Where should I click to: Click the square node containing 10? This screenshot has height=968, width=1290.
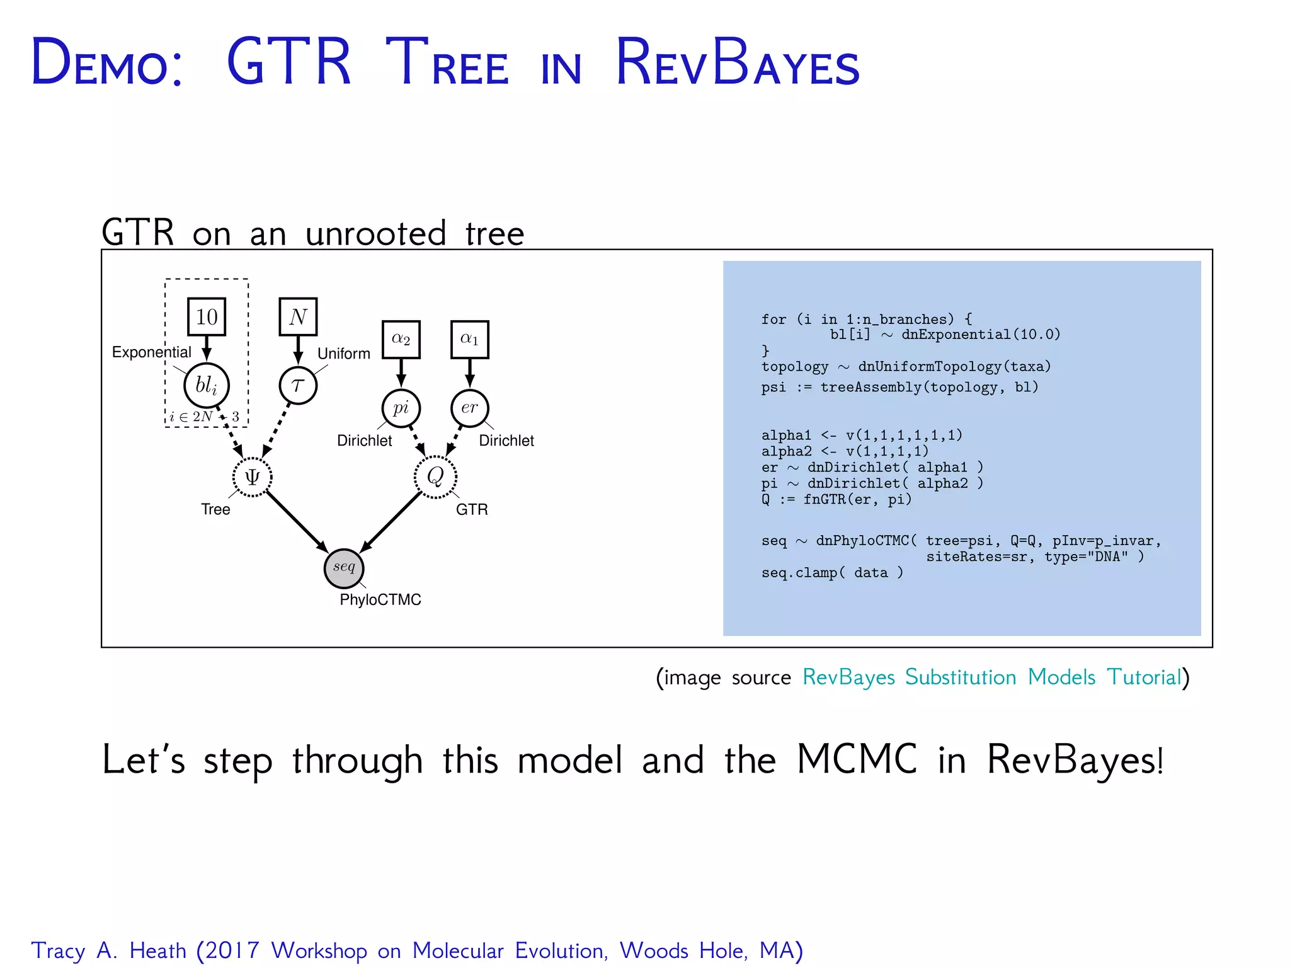pyautogui.click(x=207, y=316)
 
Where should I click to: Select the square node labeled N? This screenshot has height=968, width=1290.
pyautogui.click(x=298, y=316)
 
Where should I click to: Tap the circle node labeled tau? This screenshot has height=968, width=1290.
pyautogui.click(x=298, y=385)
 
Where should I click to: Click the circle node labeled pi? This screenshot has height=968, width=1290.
pyautogui.click(x=401, y=408)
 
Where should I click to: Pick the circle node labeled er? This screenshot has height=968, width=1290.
pyautogui.click(x=469, y=408)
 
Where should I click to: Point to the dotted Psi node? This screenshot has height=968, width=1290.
pyautogui.click(x=252, y=477)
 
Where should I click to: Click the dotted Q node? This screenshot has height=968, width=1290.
pyautogui.click(x=435, y=476)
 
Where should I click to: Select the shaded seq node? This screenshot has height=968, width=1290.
pyautogui.click(x=344, y=568)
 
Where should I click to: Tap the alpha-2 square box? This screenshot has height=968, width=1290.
pyautogui.click(x=401, y=339)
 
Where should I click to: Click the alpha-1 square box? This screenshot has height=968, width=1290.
pyautogui.click(x=469, y=339)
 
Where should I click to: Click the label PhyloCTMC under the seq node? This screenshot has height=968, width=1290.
pyautogui.click(x=380, y=600)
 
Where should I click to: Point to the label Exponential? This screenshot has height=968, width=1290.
pyautogui.click(x=151, y=352)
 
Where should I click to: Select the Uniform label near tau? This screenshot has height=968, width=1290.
pyautogui.click(x=344, y=354)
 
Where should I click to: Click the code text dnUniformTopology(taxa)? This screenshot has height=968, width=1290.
pyautogui.click(x=954, y=367)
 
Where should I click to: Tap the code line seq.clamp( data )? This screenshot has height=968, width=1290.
pyautogui.click(x=831, y=573)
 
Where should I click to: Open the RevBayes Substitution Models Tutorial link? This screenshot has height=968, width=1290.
pyautogui.click(x=991, y=677)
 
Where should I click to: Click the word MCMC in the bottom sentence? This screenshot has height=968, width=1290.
pyautogui.click(x=857, y=759)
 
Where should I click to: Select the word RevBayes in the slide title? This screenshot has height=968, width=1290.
pyautogui.click(x=737, y=63)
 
